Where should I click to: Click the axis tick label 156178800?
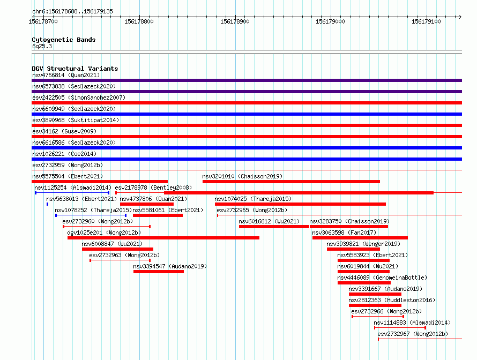click(x=139, y=21)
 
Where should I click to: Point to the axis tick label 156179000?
click(x=330, y=21)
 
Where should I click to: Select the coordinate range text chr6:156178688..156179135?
click(x=72, y=12)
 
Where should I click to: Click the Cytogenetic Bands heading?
click(x=64, y=40)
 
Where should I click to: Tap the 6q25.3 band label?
click(x=42, y=46)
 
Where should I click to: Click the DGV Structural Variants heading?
click(x=75, y=69)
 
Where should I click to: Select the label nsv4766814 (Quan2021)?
click(x=66, y=75)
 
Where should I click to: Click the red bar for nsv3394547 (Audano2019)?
click(x=159, y=272)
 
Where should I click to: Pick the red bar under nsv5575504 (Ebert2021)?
click(x=100, y=182)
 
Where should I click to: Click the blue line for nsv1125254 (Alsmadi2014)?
click(x=72, y=193)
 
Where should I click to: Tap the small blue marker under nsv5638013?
click(x=47, y=204)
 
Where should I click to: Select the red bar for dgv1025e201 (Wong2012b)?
click(x=163, y=238)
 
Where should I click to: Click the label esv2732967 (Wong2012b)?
click(x=413, y=334)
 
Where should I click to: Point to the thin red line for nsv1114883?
click(x=400, y=328)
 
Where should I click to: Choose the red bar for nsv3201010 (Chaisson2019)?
click(x=291, y=182)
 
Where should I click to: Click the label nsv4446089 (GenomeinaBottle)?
click(x=382, y=277)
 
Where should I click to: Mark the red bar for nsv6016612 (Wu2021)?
click(x=274, y=227)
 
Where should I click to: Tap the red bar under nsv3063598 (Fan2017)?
click(x=360, y=238)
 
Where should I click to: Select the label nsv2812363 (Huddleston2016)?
click(x=392, y=300)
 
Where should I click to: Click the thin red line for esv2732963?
click(x=120, y=260)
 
